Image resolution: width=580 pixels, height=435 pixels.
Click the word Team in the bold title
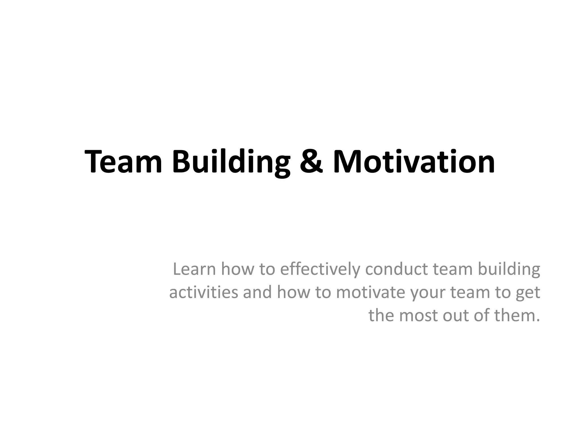(123, 162)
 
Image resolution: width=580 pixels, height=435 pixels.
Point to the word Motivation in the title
(414, 162)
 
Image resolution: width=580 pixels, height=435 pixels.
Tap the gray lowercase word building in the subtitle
(509, 270)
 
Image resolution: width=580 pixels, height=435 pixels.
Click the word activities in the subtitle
(204, 292)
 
